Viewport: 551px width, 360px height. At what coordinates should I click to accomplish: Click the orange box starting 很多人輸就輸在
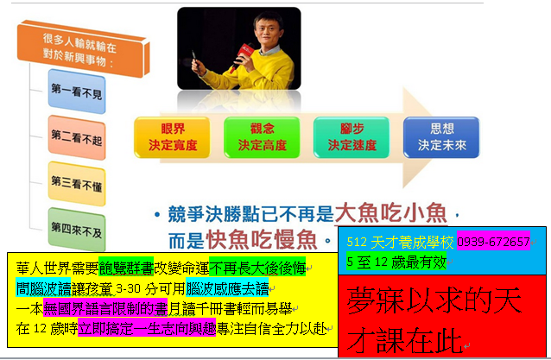[x=83, y=49]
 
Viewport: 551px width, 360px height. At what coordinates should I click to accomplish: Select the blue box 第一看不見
[x=77, y=92]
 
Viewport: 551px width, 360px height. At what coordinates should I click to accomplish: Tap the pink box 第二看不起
[x=77, y=137]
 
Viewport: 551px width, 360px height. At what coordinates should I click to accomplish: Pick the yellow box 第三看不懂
[x=77, y=184]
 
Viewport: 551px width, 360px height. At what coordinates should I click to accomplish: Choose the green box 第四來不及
[x=77, y=230]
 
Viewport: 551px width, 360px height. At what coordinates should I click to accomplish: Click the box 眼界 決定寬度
[x=172, y=137]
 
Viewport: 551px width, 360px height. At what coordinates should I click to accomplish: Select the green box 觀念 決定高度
[x=262, y=137]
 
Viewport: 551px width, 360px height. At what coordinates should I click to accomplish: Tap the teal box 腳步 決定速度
[x=351, y=137]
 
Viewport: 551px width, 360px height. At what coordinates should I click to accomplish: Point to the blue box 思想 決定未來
[x=441, y=137]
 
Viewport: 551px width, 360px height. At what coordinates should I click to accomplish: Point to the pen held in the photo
[x=194, y=58]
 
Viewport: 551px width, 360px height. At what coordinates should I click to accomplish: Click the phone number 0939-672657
[x=493, y=242]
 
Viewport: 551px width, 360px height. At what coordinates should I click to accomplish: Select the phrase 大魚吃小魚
[x=390, y=213]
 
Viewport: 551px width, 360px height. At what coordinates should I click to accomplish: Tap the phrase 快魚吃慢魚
[x=262, y=240]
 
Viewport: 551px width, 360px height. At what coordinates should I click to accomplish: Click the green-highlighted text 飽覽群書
[x=126, y=268]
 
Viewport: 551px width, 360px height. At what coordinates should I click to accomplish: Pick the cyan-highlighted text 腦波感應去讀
[x=227, y=288]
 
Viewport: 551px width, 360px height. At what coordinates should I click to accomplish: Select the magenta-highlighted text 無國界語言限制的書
[x=105, y=308]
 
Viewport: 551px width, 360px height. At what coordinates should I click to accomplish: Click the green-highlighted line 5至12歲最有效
[x=396, y=262]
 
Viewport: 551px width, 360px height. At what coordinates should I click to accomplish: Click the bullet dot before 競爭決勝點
[x=157, y=214]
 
